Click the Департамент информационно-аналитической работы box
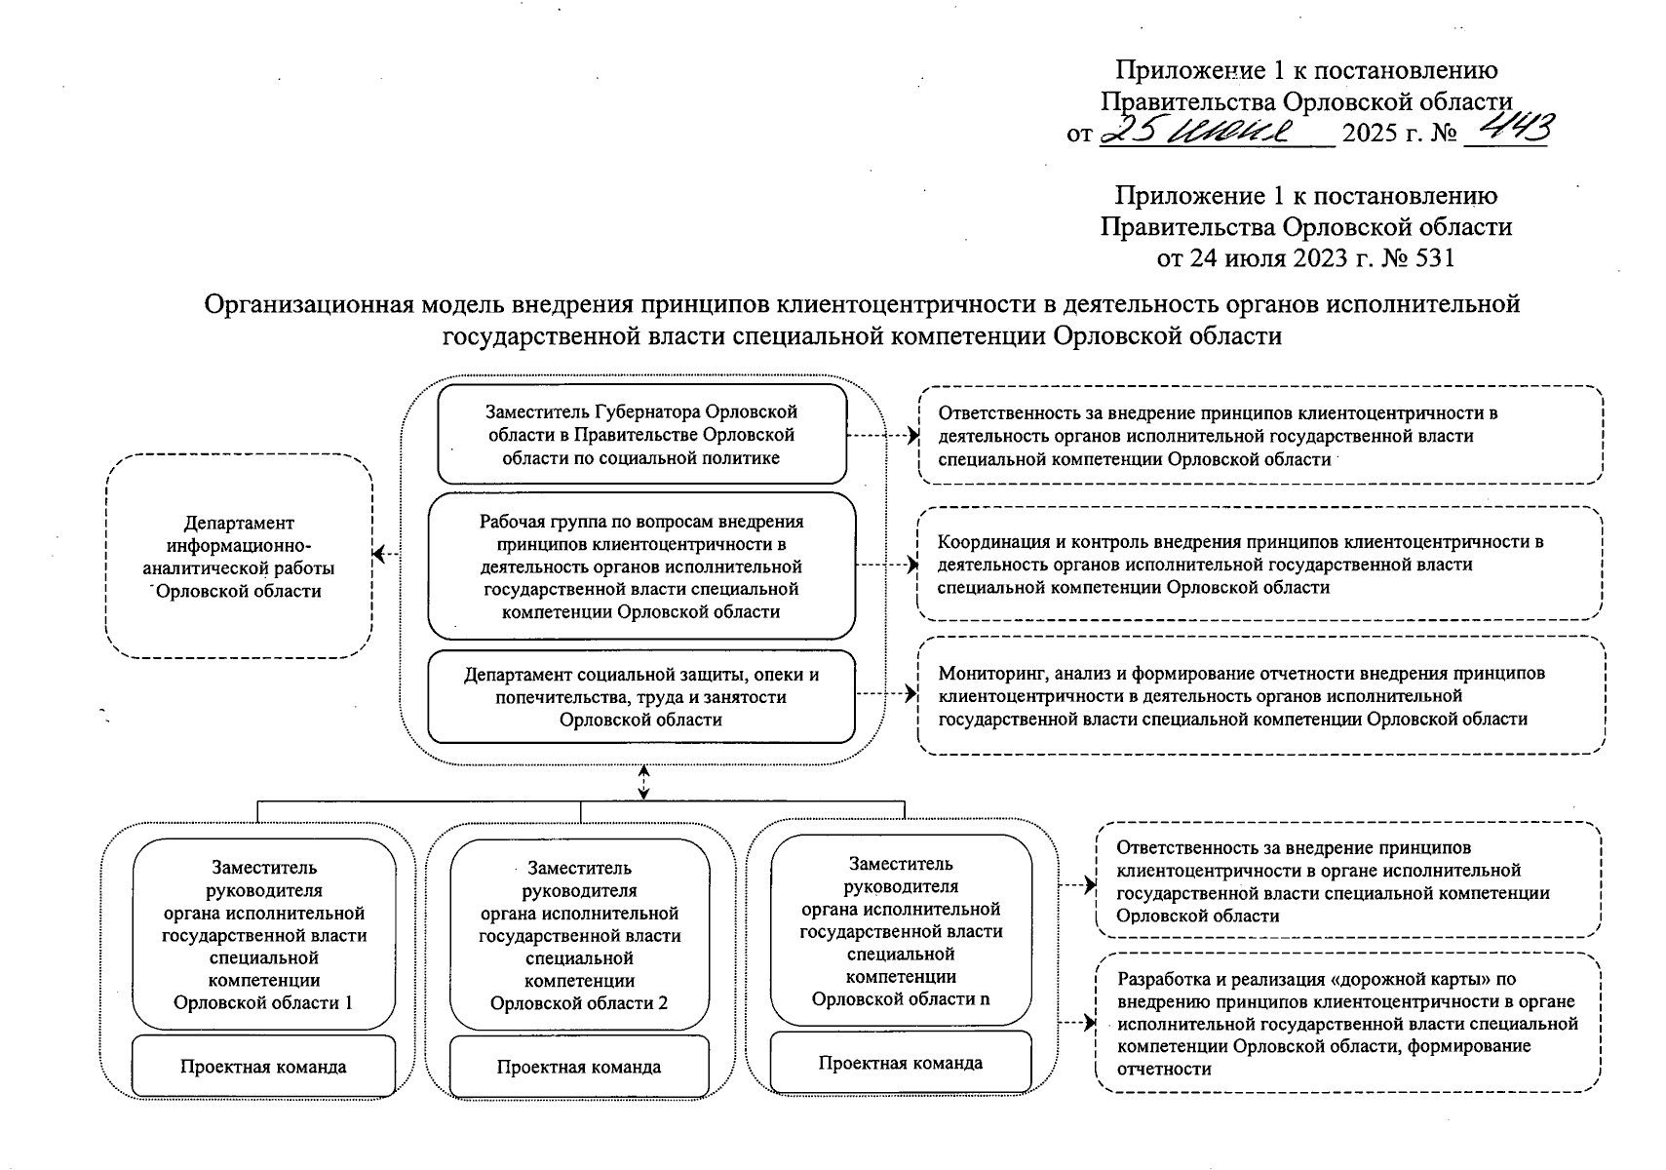click(x=239, y=556)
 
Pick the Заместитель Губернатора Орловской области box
click(x=641, y=435)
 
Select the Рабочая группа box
click(x=641, y=566)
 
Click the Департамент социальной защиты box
click(x=641, y=697)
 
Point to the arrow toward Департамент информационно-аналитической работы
click(x=386, y=556)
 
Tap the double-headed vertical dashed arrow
click(x=643, y=781)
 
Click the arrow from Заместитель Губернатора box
click(x=882, y=436)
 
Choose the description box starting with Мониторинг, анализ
click(x=1259, y=695)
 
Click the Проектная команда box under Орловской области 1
click(x=263, y=1066)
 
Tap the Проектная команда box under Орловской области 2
click(x=579, y=1067)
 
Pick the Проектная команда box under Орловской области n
click(x=901, y=1063)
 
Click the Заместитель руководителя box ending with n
click(x=901, y=931)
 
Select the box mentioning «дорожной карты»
click(x=1347, y=1023)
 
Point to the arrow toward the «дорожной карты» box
click(x=1076, y=1024)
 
